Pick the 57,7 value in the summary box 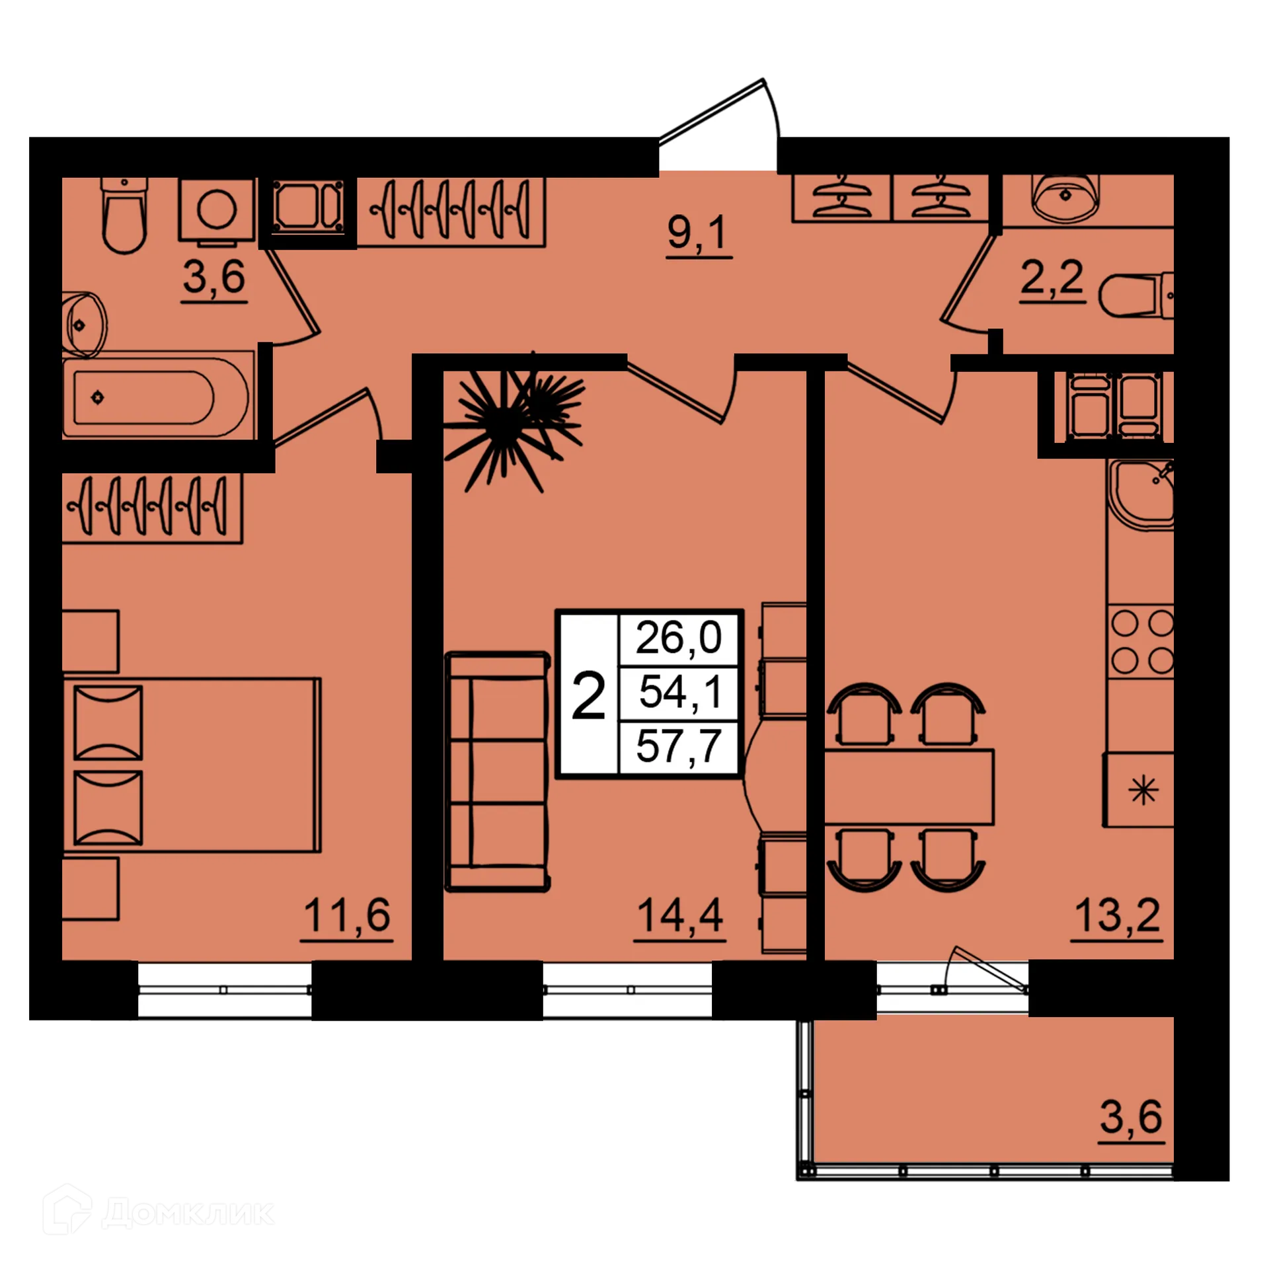(678, 747)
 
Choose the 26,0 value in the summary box (678, 638)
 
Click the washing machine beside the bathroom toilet (217, 210)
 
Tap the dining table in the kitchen (909, 787)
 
